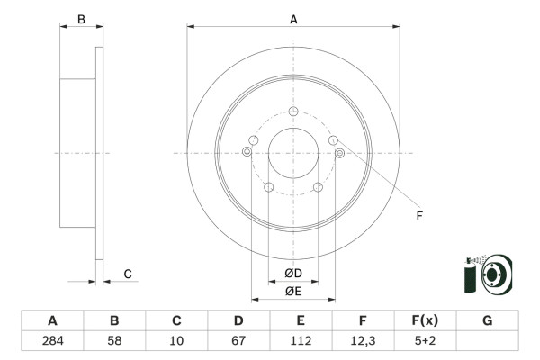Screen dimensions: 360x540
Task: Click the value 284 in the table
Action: [x=52, y=341]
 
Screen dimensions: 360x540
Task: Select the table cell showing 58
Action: [x=114, y=341]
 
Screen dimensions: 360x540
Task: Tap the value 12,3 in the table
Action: [x=363, y=341]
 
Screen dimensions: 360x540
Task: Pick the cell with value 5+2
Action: [x=425, y=341]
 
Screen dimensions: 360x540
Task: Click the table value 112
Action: [x=301, y=341]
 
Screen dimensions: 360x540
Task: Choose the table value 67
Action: [x=238, y=341]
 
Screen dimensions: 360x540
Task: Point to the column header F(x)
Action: [x=425, y=321]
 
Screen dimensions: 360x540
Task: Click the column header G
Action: [x=487, y=321]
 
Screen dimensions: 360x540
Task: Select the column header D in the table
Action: [x=238, y=321]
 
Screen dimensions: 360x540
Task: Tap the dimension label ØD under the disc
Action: [x=292, y=274]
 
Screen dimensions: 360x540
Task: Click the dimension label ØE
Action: [x=292, y=291]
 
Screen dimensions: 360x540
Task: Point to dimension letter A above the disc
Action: [x=293, y=18]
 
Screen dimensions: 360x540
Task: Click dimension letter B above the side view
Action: [x=80, y=18]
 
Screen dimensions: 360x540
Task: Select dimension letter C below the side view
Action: [x=127, y=274]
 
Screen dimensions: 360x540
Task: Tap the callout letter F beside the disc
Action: [x=418, y=216]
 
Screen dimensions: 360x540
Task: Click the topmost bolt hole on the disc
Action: [x=293, y=112]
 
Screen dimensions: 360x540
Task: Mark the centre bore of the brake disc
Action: [x=293, y=154]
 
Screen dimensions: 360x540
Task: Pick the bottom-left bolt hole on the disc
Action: [x=268, y=187]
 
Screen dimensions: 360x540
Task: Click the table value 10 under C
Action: [x=176, y=341]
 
